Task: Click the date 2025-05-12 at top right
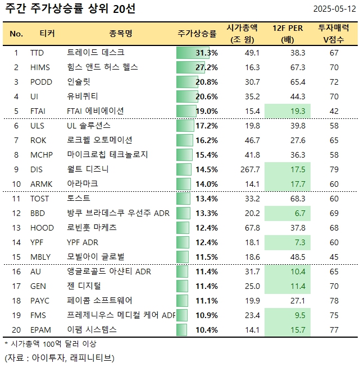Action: (x=335, y=10)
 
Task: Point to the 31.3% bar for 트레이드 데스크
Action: (x=197, y=53)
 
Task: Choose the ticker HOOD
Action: (x=40, y=228)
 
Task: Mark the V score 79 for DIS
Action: (x=334, y=169)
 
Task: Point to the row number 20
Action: (x=16, y=330)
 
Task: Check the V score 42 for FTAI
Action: (x=334, y=111)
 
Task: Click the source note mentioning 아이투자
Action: (x=59, y=357)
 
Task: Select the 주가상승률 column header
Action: (x=197, y=34)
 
